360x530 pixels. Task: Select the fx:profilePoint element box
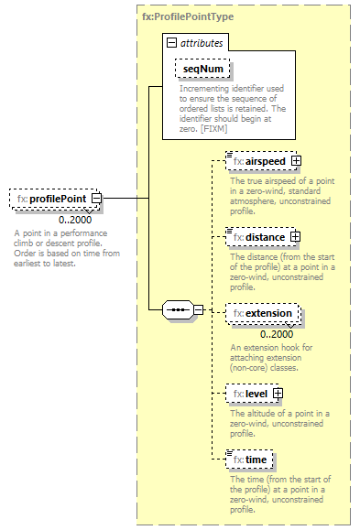point(49,199)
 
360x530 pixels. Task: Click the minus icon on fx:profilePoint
point(95,199)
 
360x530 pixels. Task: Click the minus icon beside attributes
point(171,42)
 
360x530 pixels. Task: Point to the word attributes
point(200,42)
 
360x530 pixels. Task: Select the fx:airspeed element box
point(258,161)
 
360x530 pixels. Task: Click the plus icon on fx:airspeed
point(297,161)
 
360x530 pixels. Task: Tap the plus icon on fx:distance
point(295,237)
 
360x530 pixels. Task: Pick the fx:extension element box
point(262,314)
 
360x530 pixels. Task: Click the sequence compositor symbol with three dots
point(176,310)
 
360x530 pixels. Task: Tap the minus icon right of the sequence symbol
point(199,310)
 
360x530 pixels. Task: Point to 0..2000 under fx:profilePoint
point(75,220)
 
